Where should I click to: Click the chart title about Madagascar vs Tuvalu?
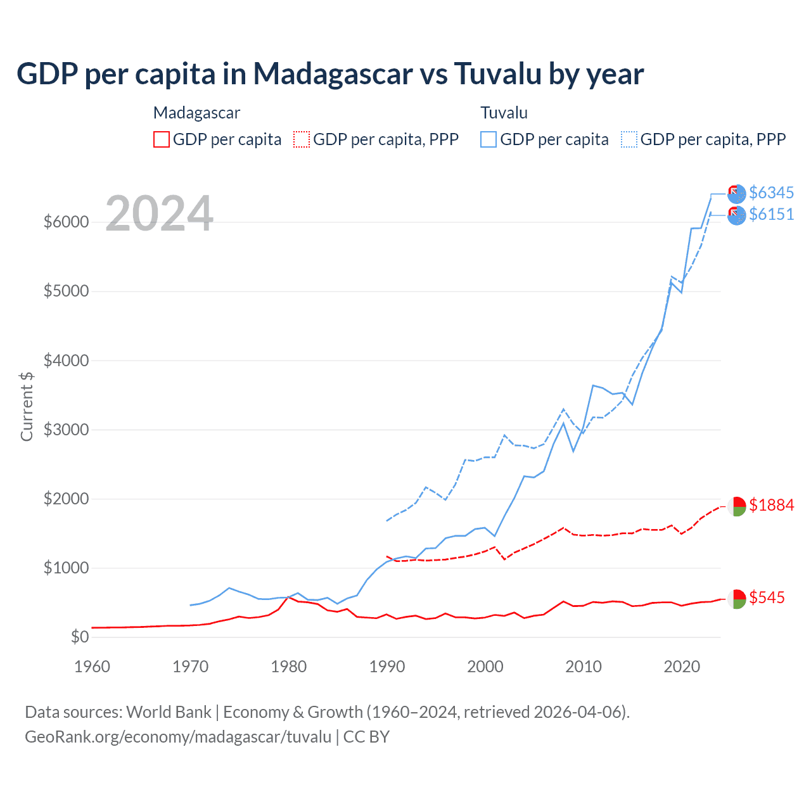pos(330,73)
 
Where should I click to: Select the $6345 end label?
pos(771,193)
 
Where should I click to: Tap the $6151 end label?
pos(771,214)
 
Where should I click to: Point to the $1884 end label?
pos(771,505)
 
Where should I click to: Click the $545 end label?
pos(767,597)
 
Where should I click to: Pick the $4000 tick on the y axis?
pos(65,361)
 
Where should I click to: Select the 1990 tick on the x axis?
pos(387,667)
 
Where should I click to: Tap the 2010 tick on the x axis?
pos(584,667)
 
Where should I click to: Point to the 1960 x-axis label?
pos(93,667)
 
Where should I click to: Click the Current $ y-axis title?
pos(27,406)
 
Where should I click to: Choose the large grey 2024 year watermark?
pos(159,214)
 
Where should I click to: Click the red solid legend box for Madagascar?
pos(162,139)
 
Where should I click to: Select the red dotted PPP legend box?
pos(302,139)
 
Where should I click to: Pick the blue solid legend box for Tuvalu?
pos(489,139)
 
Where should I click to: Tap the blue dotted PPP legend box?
pos(629,139)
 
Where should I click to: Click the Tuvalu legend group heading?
pos(504,113)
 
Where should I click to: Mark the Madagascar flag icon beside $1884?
pos(736,506)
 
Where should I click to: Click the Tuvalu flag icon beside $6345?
pos(736,194)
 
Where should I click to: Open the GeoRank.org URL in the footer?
pos(178,737)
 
